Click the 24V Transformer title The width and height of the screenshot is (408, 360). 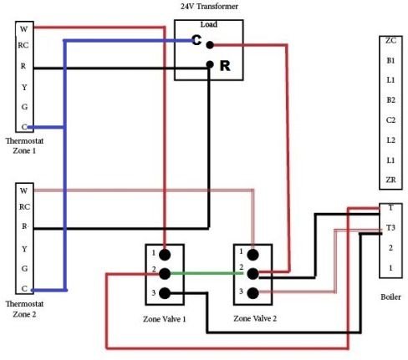(209, 6)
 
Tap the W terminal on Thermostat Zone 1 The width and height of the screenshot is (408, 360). (24, 28)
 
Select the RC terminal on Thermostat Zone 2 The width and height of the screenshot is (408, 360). (24, 207)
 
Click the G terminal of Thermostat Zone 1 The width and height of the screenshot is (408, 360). (24, 107)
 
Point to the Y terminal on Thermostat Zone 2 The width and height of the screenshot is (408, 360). (24, 249)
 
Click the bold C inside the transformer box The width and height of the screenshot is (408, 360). (196, 40)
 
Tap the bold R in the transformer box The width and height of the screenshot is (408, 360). (225, 66)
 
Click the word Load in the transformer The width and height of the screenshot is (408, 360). (209, 24)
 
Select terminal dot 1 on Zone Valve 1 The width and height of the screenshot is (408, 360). (165, 255)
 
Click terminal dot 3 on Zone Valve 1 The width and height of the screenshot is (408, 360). (165, 293)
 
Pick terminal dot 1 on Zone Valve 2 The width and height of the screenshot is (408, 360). (252, 255)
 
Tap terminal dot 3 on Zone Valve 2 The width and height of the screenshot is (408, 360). (252, 293)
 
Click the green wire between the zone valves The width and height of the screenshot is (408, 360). (207, 273)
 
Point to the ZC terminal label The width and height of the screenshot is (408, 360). (390, 41)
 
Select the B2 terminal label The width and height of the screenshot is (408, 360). (390, 100)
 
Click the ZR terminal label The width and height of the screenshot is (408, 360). (390, 180)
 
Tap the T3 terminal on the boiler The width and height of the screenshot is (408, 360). (390, 228)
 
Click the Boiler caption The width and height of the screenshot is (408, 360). (390, 297)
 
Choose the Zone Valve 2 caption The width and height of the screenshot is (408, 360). (255, 318)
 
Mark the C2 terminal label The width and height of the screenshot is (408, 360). (390, 120)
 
